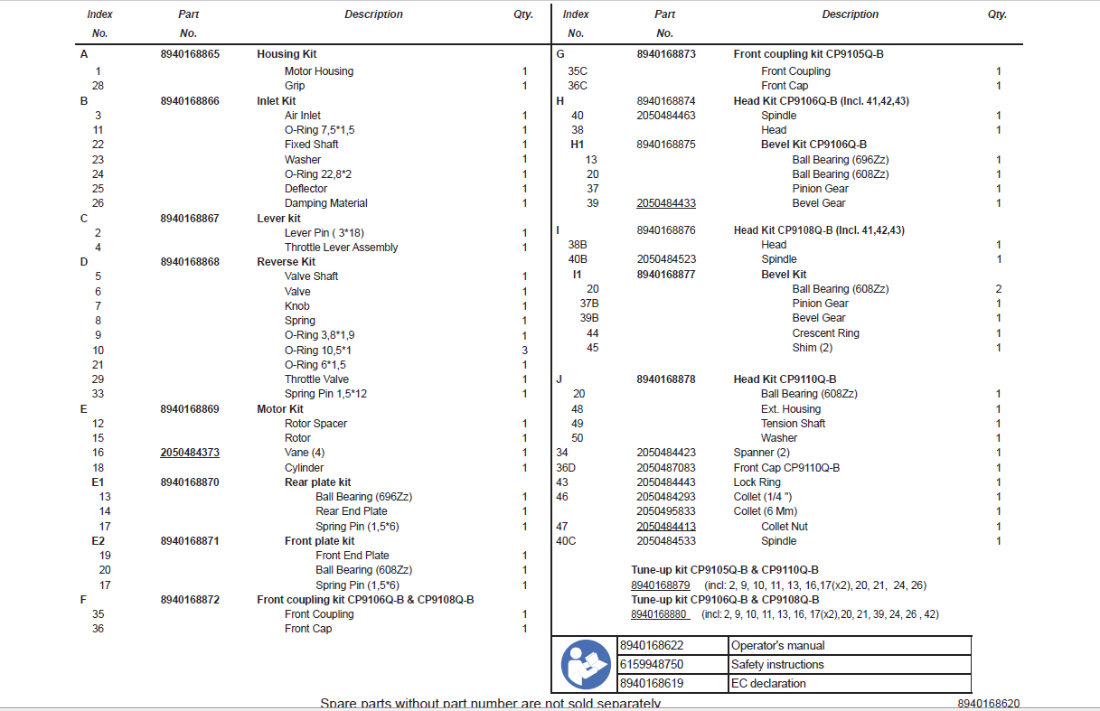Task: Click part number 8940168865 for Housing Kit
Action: point(190,54)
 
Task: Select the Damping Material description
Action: point(325,203)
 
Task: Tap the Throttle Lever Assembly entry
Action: point(341,248)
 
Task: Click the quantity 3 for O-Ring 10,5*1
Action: point(524,350)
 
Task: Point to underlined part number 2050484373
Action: point(190,453)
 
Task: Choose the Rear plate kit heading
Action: point(317,482)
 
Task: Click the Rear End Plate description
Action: point(352,511)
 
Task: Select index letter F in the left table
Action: point(83,600)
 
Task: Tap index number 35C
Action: point(577,71)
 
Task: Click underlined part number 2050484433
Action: point(666,203)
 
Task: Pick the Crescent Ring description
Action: point(825,333)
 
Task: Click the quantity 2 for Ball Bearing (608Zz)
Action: point(999,289)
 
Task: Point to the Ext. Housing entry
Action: point(791,409)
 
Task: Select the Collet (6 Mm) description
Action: point(765,511)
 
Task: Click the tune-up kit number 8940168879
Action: point(661,585)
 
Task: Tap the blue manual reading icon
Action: point(585,664)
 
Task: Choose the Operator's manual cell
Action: point(777,646)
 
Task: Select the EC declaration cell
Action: point(768,684)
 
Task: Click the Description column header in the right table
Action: point(850,14)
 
